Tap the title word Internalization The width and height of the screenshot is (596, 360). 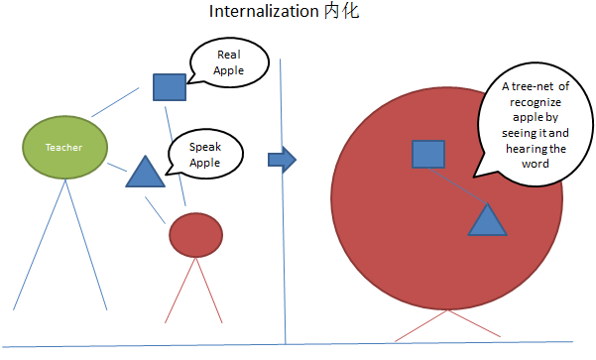[264, 13]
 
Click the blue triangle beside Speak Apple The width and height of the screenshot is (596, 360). [145, 174]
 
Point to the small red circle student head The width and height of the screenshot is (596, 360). [193, 233]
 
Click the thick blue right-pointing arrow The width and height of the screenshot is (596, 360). [283, 159]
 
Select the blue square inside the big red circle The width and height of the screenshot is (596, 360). [427, 154]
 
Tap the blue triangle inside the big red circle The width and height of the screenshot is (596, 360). [487, 221]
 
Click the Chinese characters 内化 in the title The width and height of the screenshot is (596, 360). [340, 13]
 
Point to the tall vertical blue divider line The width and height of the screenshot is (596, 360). [284, 198]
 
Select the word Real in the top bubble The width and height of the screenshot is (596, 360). [228, 56]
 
